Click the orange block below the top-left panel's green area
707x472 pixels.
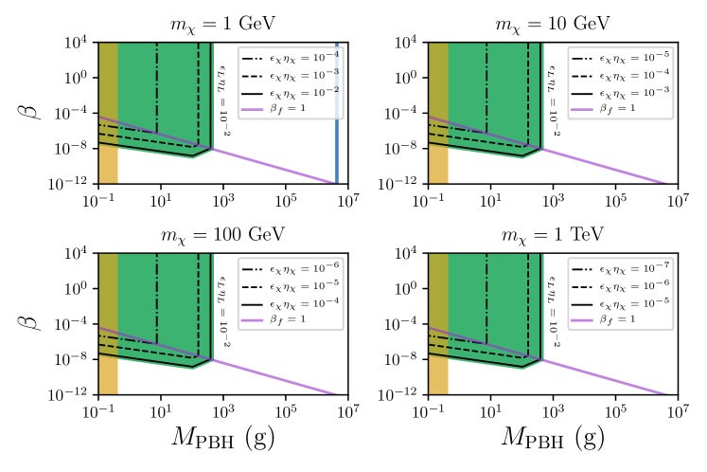[108, 166]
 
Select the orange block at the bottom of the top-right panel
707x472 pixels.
[438, 166]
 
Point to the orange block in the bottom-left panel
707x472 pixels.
[108, 376]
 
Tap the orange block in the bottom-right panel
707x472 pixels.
[438, 376]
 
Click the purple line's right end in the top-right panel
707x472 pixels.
[663, 181]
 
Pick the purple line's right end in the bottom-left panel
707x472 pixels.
[334, 391]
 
